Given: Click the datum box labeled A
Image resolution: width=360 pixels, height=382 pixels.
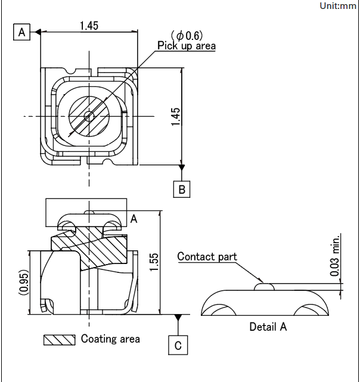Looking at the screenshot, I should [22, 32].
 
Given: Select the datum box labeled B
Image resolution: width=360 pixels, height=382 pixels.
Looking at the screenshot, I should [182, 189].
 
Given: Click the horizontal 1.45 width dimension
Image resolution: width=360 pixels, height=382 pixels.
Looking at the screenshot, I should [88, 25].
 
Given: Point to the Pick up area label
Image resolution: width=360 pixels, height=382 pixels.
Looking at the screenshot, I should [186, 46].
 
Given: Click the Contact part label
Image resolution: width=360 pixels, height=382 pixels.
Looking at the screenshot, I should [207, 257].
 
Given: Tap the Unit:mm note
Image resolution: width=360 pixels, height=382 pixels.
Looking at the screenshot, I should [338, 5].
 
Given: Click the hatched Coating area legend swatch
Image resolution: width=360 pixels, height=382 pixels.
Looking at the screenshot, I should [59, 339].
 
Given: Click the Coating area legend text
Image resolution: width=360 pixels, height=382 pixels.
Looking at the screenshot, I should [110, 339].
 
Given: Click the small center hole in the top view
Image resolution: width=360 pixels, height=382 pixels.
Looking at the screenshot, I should [89, 116].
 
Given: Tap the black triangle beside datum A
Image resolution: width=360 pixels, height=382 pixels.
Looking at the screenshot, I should [36, 32].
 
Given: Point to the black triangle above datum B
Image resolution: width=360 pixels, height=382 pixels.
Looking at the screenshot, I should [182, 167].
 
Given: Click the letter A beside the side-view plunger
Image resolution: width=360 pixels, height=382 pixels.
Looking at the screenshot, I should [134, 219].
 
